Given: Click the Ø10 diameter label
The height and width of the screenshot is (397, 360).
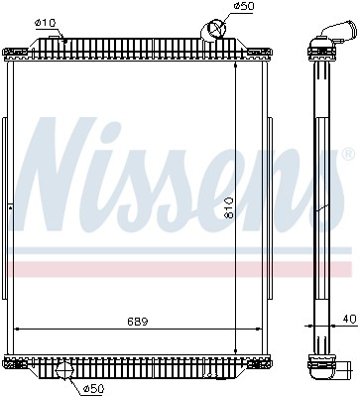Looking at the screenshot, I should [x=45, y=22].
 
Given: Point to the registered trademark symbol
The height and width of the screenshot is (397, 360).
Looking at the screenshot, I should [x=347, y=156].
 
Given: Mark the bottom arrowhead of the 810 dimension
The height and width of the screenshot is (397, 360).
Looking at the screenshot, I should [x=235, y=350].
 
